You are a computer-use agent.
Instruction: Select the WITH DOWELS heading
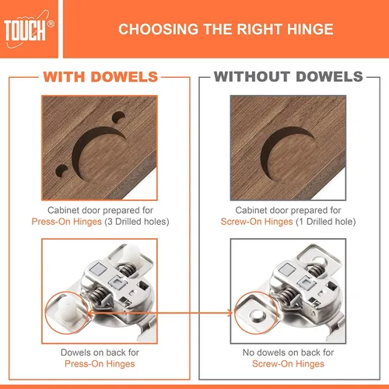pyautogui.click(x=100, y=77)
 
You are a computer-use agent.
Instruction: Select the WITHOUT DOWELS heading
pyautogui.click(x=289, y=77)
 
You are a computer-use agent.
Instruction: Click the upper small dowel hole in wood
pyautogui.click(x=118, y=117)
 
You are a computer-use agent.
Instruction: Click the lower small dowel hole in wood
pyautogui.click(x=61, y=170)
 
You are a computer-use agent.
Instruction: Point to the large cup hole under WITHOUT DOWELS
pyautogui.click(x=287, y=153)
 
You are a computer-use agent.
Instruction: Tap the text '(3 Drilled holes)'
pyautogui.click(x=137, y=222)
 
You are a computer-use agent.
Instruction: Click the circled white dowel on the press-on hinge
pyautogui.click(x=68, y=309)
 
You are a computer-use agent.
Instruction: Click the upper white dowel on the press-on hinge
pyautogui.click(x=131, y=252)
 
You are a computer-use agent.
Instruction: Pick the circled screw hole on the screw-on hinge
pyautogui.click(x=257, y=315)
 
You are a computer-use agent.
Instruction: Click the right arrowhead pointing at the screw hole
pyautogui.click(x=230, y=313)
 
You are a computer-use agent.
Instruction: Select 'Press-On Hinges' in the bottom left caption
pyautogui.click(x=100, y=364)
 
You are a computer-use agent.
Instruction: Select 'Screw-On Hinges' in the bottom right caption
pyautogui.click(x=288, y=364)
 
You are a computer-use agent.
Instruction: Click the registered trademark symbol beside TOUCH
pyautogui.click(x=51, y=24)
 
